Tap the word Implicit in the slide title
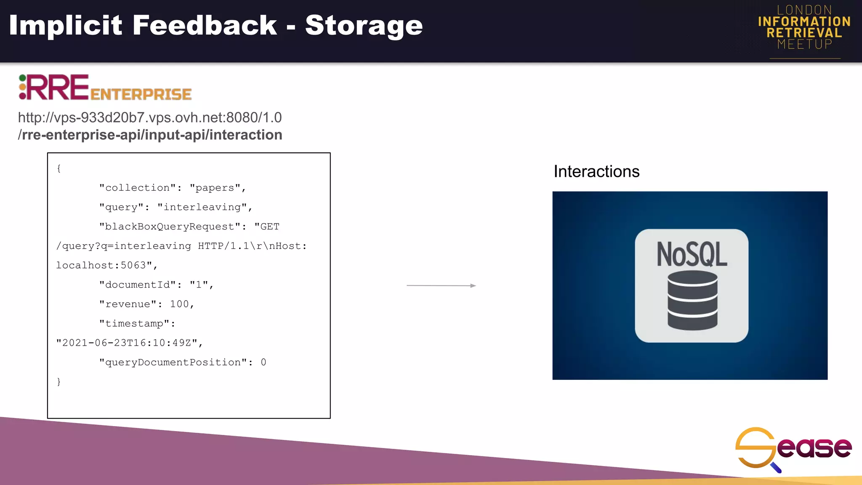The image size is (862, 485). point(66,25)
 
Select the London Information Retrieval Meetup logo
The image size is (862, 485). point(804,28)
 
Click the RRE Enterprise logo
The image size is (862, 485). point(105,88)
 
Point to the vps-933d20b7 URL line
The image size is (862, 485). point(150,117)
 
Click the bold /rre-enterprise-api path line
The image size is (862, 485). point(150,135)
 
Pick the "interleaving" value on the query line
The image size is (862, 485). point(202,207)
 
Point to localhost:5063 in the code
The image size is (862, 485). point(101,265)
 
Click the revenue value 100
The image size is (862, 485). point(179,304)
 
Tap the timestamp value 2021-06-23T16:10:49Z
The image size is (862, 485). point(127,343)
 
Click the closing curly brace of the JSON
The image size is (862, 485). point(59,381)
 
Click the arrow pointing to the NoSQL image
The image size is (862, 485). point(441,285)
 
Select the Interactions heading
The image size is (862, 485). point(596,171)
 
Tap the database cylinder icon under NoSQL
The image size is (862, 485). point(692,300)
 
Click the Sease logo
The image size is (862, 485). point(793,449)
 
